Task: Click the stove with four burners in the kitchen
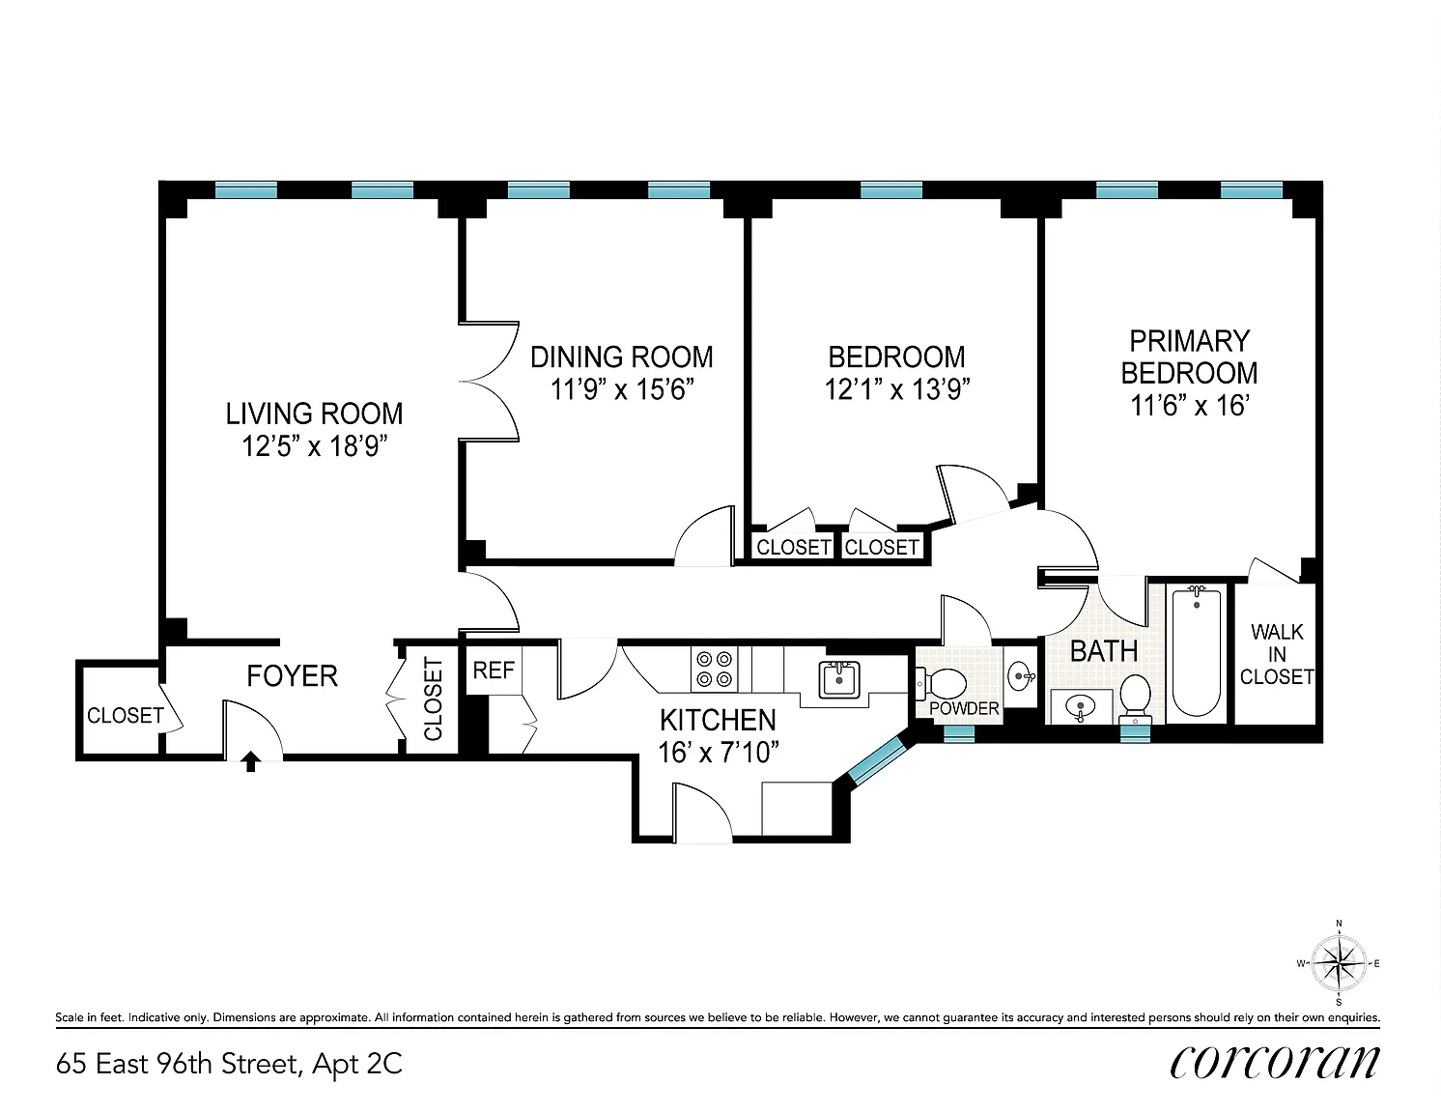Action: pyautogui.click(x=714, y=670)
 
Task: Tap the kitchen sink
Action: pyautogui.click(x=839, y=679)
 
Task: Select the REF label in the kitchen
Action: pyautogui.click(x=494, y=671)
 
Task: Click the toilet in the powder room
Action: pyautogui.click(x=941, y=684)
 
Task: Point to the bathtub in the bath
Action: pyautogui.click(x=1197, y=652)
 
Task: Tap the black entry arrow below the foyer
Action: pyautogui.click(x=250, y=761)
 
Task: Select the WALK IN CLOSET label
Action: pyautogui.click(x=1277, y=654)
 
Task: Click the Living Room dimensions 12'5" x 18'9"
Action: pyautogui.click(x=314, y=446)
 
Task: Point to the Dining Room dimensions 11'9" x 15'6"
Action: pyautogui.click(x=622, y=389)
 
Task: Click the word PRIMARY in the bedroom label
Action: pyautogui.click(x=1190, y=341)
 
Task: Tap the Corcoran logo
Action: pyautogui.click(x=1275, y=1063)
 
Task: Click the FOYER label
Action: pyautogui.click(x=293, y=676)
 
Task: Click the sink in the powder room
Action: pyautogui.click(x=1020, y=676)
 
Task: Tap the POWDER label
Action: pyautogui.click(x=964, y=708)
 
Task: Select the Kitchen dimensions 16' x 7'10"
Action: pyautogui.click(x=718, y=753)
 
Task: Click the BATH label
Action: pyautogui.click(x=1104, y=650)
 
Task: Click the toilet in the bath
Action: pyautogui.click(x=1135, y=698)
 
